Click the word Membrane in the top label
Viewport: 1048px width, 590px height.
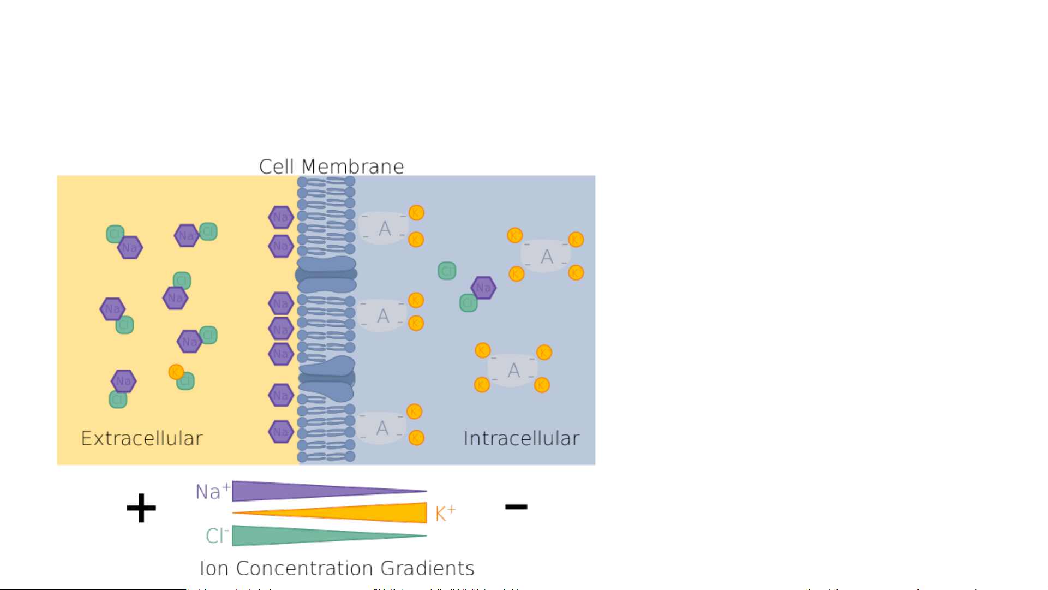pyautogui.click(x=352, y=166)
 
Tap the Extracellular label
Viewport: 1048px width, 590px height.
pyautogui.click(x=142, y=438)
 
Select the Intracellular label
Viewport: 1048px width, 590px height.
pyautogui.click(x=521, y=438)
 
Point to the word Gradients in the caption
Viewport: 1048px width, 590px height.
pyautogui.click(x=427, y=568)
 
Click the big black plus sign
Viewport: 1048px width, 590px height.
pyautogui.click(x=141, y=508)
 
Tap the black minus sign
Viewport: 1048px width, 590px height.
pyautogui.click(x=516, y=507)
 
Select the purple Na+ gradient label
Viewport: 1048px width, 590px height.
pyautogui.click(x=212, y=491)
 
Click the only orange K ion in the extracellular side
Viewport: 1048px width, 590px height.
pyautogui.click(x=176, y=372)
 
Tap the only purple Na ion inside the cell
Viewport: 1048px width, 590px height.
pyautogui.click(x=483, y=288)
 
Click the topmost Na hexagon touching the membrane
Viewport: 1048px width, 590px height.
pyautogui.click(x=281, y=217)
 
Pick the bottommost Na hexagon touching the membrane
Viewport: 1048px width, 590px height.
pyautogui.click(x=281, y=432)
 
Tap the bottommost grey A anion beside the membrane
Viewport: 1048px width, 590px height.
pyautogui.click(x=382, y=428)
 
